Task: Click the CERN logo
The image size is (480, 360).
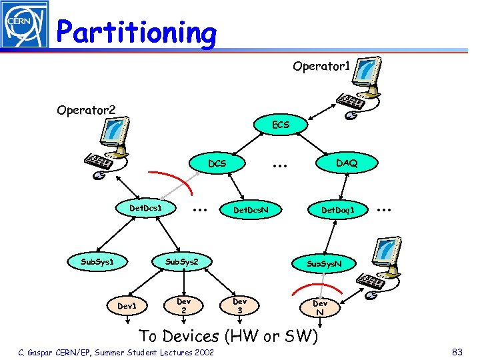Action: [x=25, y=25]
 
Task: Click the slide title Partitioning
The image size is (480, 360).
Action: [x=137, y=32]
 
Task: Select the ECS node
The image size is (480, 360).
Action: [x=280, y=124]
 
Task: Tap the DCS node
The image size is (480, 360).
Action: [x=217, y=163]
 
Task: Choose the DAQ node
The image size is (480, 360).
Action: [x=346, y=163]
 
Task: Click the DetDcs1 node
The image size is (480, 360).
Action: [x=146, y=209]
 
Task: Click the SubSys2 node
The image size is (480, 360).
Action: [x=182, y=261]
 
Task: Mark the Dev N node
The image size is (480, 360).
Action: [x=320, y=307]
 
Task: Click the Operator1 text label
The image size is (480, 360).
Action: [x=321, y=67]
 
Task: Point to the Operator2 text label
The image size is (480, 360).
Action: [x=85, y=109]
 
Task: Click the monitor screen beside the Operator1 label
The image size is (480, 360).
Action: [x=369, y=73]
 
